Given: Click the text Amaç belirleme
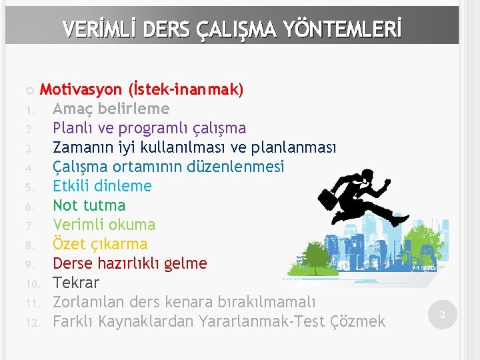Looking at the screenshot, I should point(111,109).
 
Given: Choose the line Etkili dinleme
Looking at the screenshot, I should point(102,186).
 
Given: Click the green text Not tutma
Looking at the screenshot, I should point(89,205).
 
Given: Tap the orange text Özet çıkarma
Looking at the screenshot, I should point(100,244).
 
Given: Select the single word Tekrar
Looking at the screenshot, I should point(75,283).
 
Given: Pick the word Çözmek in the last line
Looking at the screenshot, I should point(358,321).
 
